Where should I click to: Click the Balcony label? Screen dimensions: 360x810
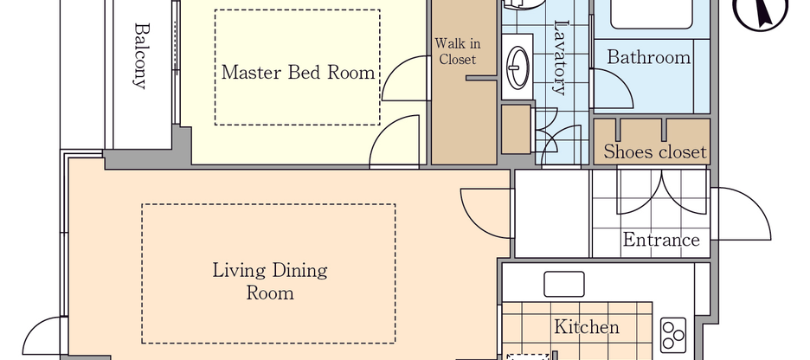(x=139, y=56)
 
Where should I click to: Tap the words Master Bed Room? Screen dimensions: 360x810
(x=298, y=72)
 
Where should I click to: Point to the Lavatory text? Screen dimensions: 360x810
(x=560, y=57)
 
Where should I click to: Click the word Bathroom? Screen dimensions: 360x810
(x=648, y=58)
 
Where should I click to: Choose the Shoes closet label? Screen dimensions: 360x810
(x=654, y=153)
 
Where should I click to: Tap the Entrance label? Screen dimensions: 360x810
(x=660, y=240)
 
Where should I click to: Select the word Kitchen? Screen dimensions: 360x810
(x=586, y=327)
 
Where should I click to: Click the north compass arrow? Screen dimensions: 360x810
(x=762, y=12)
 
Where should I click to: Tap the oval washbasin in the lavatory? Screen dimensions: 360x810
(x=518, y=63)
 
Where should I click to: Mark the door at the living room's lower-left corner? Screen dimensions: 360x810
(x=48, y=337)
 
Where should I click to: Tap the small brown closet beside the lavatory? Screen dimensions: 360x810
(x=516, y=128)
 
